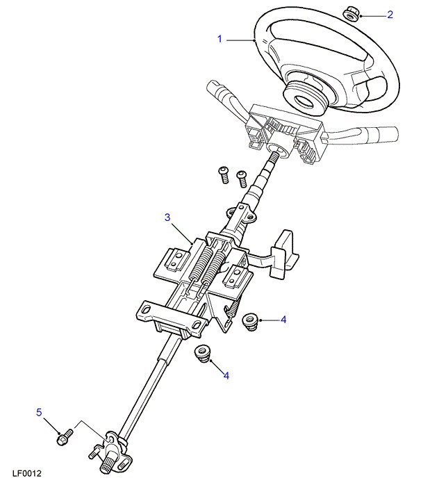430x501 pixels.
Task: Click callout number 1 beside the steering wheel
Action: (x=220, y=39)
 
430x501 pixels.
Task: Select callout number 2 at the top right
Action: (x=390, y=15)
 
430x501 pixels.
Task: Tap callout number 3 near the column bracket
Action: (x=167, y=217)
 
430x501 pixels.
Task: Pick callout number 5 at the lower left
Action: (x=39, y=412)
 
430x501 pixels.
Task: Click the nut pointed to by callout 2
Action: (x=352, y=15)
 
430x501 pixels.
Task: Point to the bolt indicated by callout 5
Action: (x=65, y=437)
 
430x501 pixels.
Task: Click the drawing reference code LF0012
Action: (x=27, y=473)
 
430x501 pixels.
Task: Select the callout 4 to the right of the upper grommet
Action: (x=283, y=320)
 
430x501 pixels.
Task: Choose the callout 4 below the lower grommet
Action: (x=226, y=375)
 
